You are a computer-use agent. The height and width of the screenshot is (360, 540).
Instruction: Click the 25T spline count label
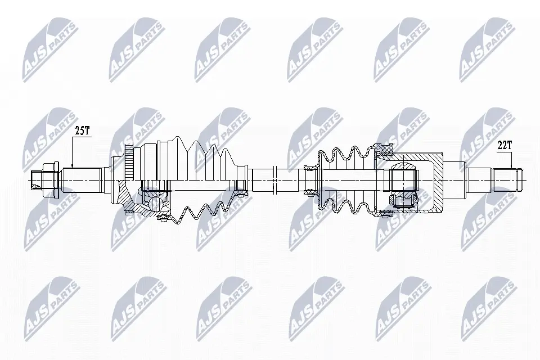point(82,130)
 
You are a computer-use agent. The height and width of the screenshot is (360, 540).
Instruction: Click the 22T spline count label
point(505,145)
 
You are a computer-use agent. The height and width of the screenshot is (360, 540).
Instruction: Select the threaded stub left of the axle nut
point(37,180)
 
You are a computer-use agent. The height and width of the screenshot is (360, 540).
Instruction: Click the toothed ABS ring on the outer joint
point(129,162)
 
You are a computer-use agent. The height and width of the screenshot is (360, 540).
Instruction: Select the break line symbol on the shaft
point(274,180)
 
